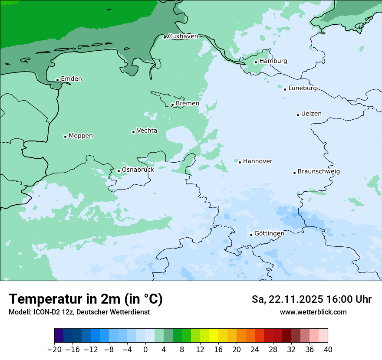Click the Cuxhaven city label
183,36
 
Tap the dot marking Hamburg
256,62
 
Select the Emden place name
71,79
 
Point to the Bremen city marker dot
172,105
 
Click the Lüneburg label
302,88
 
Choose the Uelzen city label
311,114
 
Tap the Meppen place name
81,136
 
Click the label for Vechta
147,131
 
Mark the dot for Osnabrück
119,171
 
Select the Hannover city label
257,161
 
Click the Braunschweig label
319,171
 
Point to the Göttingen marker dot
251,235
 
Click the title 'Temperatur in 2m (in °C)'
86,299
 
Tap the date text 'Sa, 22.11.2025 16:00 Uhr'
311,299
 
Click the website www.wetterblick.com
313,312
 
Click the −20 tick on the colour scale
55,350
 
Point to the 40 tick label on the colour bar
328,350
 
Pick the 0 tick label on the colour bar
145,350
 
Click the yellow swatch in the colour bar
214,336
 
